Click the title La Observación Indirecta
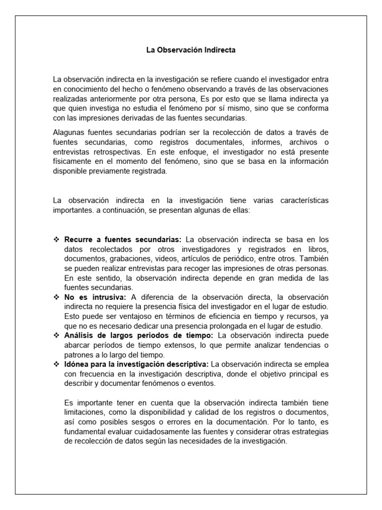pyautogui.click(x=191, y=50)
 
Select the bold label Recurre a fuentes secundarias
pyautogui.click(x=123, y=239)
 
